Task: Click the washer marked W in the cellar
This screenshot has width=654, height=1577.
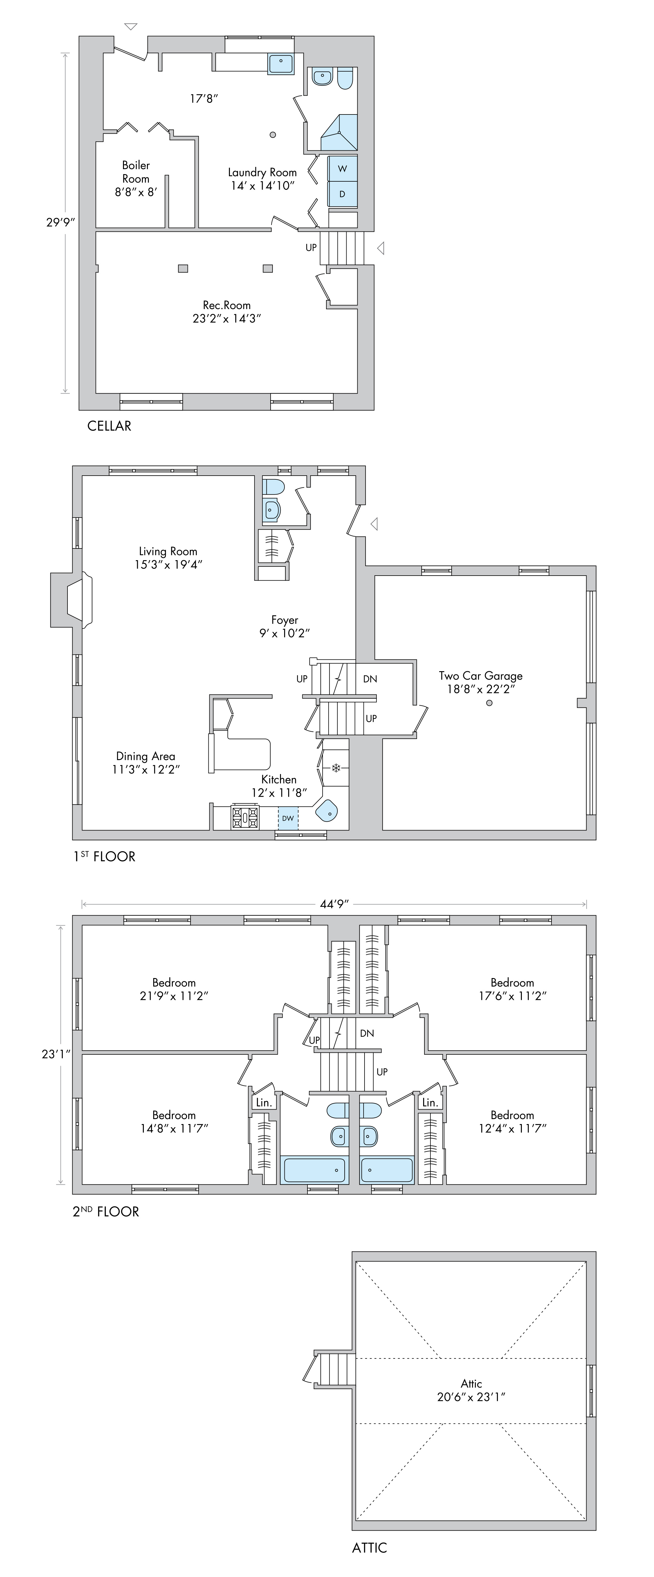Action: tap(342, 168)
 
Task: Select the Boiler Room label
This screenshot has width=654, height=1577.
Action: tap(136, 178)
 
